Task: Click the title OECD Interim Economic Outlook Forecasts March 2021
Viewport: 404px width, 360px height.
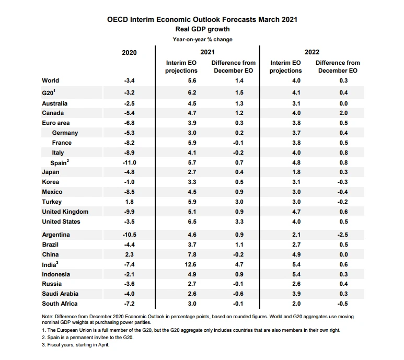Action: pos(202,20)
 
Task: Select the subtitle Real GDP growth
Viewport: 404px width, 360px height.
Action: pos(202,29)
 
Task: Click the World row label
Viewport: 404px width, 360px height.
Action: pos(51,80)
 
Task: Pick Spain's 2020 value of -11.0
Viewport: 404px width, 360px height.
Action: pos(129,162)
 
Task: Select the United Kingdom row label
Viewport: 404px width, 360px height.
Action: pos(65,212)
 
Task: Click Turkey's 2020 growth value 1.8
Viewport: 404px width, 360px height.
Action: pos(129,202)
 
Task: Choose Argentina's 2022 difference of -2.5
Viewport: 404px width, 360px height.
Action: pos(343,235)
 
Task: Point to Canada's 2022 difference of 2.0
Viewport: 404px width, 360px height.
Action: pos(343,113)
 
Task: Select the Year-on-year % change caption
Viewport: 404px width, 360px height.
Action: pos(202,39)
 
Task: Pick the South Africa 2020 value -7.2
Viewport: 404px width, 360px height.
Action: pos(129,304)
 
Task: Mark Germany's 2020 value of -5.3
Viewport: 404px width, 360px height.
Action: pos(129,133)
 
